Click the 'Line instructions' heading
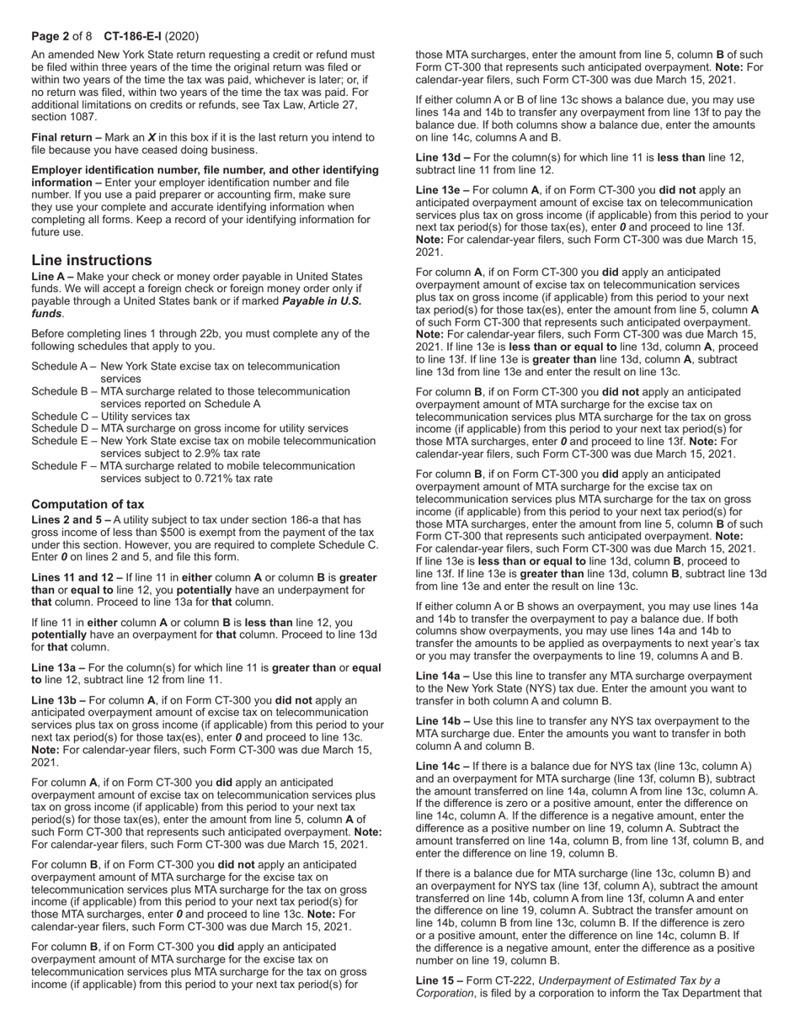(x=92, y=260)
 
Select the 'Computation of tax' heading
(x=88, y=504)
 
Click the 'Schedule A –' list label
(x=63, y=366)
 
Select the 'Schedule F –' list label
(x=63, y=465)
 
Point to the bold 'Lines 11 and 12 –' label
(x=77, y=578)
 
